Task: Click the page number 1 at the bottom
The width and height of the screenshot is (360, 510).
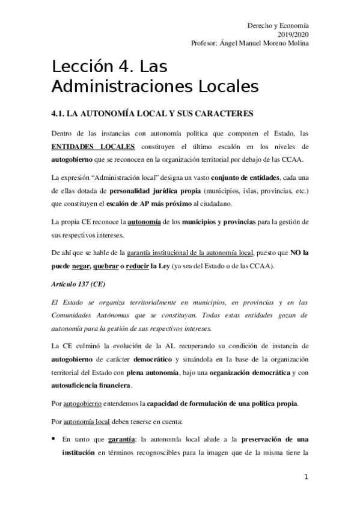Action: pyautogui.click(x=306, y=478)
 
